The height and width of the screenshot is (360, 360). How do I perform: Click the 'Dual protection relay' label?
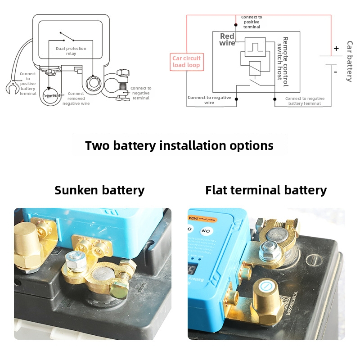pyautogui.click(x=71, y=51)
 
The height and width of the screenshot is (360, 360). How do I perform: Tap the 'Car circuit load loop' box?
pyautogui.click(x=186, y=62)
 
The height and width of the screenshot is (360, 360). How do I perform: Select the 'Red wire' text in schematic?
pyautogui.click(x=227, y=40)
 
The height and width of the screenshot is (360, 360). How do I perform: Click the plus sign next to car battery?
pyautogui.click(x=336, y=49)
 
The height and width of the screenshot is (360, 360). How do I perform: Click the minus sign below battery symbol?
pyautogui.click(x=335, y=71)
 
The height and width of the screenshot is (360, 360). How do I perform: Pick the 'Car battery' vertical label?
pyautogui.click(x=350, y=61)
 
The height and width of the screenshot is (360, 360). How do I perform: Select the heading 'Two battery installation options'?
pyautogui.click(x=179, y=146)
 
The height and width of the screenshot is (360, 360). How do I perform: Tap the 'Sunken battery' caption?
pyautogui.click(x=99, y=190)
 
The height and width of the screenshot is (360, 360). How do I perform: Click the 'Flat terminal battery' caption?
pyautogui.click(x=266, y=190)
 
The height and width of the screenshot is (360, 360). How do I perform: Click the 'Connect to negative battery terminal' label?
pyautogui.click(x=305, y=101)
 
